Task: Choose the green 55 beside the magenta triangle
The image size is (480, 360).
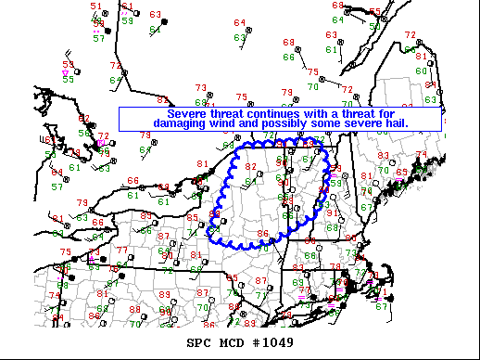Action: click(x=68, y=80)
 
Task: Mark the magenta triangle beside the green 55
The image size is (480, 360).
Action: click(x=65, y=71)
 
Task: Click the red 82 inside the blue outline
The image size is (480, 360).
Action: click(x=250, y=166)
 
